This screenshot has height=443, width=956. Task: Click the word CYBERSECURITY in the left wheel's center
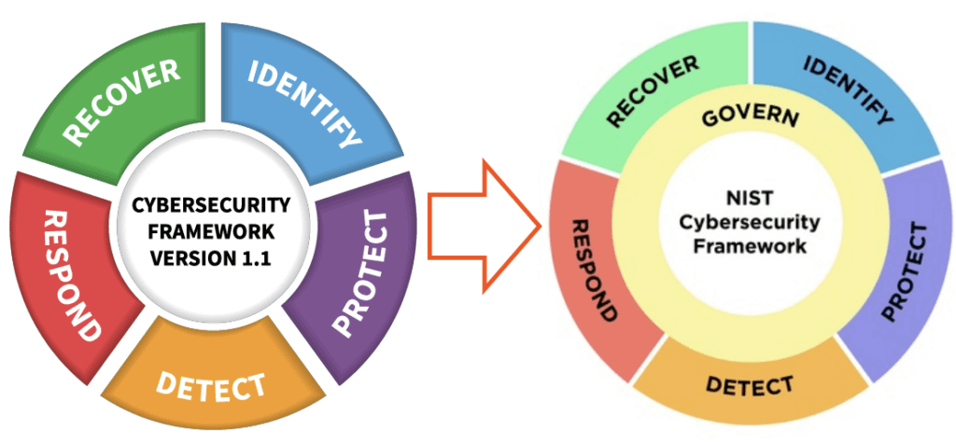point(211,204)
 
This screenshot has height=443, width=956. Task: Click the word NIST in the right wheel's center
point(749,199)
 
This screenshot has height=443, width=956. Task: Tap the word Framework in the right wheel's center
point(749,247)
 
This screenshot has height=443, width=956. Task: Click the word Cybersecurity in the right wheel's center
point(749,223)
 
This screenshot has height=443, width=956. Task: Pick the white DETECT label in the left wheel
point(211,383)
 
